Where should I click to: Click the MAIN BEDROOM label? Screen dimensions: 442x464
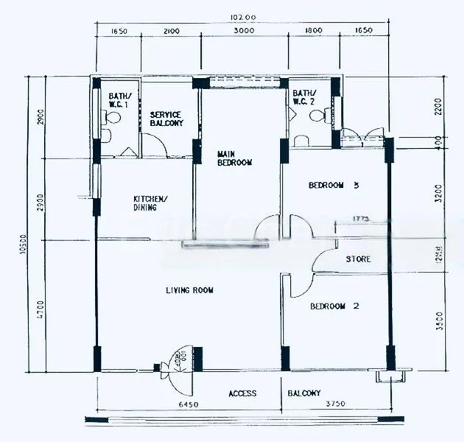click(235, 158)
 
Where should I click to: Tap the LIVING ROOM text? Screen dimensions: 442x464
click(189, 290)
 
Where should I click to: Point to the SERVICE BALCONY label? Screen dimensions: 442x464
click(166, 119)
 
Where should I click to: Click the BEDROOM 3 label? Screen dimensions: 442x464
click(334, 186)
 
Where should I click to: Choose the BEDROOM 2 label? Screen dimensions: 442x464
click(334, 306)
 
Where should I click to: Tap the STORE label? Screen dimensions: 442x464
click(358, 259)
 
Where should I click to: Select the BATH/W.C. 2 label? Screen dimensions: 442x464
click(303, 97)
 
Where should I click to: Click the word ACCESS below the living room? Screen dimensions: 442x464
click(242, 393)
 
